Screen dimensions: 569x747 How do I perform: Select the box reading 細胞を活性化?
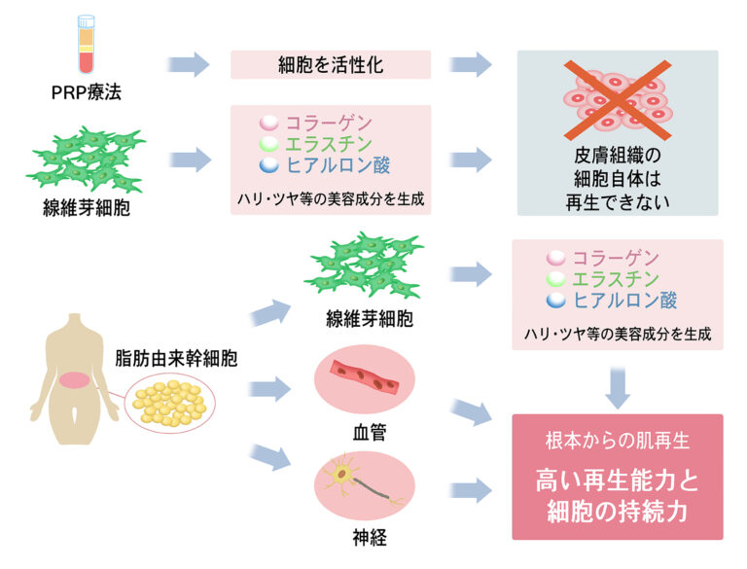click(x=331, y=65)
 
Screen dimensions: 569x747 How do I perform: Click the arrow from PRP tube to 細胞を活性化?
click(x=190, y=65)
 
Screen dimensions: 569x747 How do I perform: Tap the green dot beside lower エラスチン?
click(x=555, y=280)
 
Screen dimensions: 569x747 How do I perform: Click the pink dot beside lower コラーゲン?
click(x=555, y=259)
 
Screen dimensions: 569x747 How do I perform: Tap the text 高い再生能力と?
click(x=618, y=480)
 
